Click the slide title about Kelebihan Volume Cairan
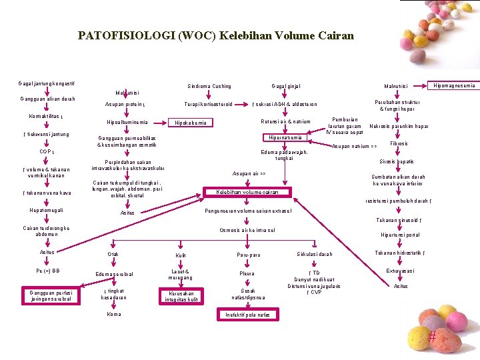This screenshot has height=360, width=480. coord(216,35)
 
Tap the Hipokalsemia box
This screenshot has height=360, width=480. coord(190,123)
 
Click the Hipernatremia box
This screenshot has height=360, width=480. coord(285,137)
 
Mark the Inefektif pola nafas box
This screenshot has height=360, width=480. coord(248,314)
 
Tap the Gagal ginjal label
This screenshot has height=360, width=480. coord(286,86)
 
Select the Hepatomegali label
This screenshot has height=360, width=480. coord(47,211)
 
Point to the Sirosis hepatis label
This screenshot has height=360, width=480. coord(397,161)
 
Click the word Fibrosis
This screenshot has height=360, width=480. coord(399,143)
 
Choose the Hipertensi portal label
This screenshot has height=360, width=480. coord(400,235)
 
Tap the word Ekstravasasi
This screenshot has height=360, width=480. coord(400,271)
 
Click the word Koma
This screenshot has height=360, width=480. coord(114,314)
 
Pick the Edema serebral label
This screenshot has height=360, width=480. coord(114,274)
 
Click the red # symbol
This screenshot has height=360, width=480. coord(432,337)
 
